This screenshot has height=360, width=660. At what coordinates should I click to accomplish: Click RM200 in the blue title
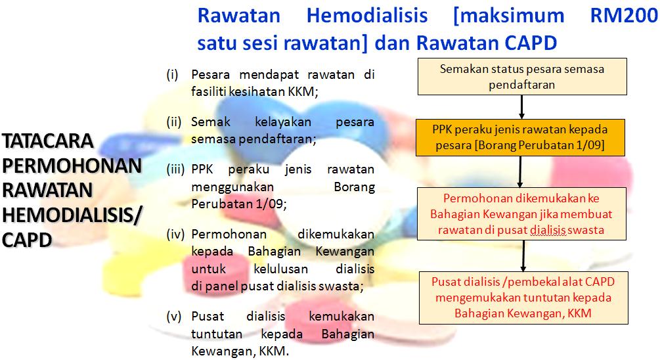coord(624,16)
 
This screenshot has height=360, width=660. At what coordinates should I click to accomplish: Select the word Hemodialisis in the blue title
coord(367,16)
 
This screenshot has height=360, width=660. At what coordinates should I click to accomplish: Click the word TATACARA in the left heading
coord(47,141)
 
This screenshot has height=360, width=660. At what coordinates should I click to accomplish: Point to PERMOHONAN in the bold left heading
coord(72,166)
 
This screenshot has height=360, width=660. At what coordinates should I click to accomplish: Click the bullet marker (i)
coord(173,74)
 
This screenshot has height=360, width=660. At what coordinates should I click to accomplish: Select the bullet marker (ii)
coord(174,122)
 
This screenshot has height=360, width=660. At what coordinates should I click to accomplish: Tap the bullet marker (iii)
coord(175,169)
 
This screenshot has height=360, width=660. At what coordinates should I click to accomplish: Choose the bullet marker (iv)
coord(175,234)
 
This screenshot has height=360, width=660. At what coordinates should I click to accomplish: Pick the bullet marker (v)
coord(174,316)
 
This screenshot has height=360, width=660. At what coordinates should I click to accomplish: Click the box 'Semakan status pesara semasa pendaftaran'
coord(522,76)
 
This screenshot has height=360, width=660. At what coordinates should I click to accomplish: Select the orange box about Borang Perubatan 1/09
coord(520,137)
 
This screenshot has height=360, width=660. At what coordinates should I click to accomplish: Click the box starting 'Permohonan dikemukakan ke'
coord(522,214)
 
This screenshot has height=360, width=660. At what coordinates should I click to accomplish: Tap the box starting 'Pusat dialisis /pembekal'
coord(523,298)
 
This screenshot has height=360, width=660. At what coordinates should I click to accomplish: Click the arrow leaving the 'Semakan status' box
coord(521,107)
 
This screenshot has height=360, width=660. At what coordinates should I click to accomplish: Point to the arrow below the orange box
coord(520,172)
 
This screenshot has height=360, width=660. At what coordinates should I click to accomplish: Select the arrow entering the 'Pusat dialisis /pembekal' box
coord(523,256)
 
